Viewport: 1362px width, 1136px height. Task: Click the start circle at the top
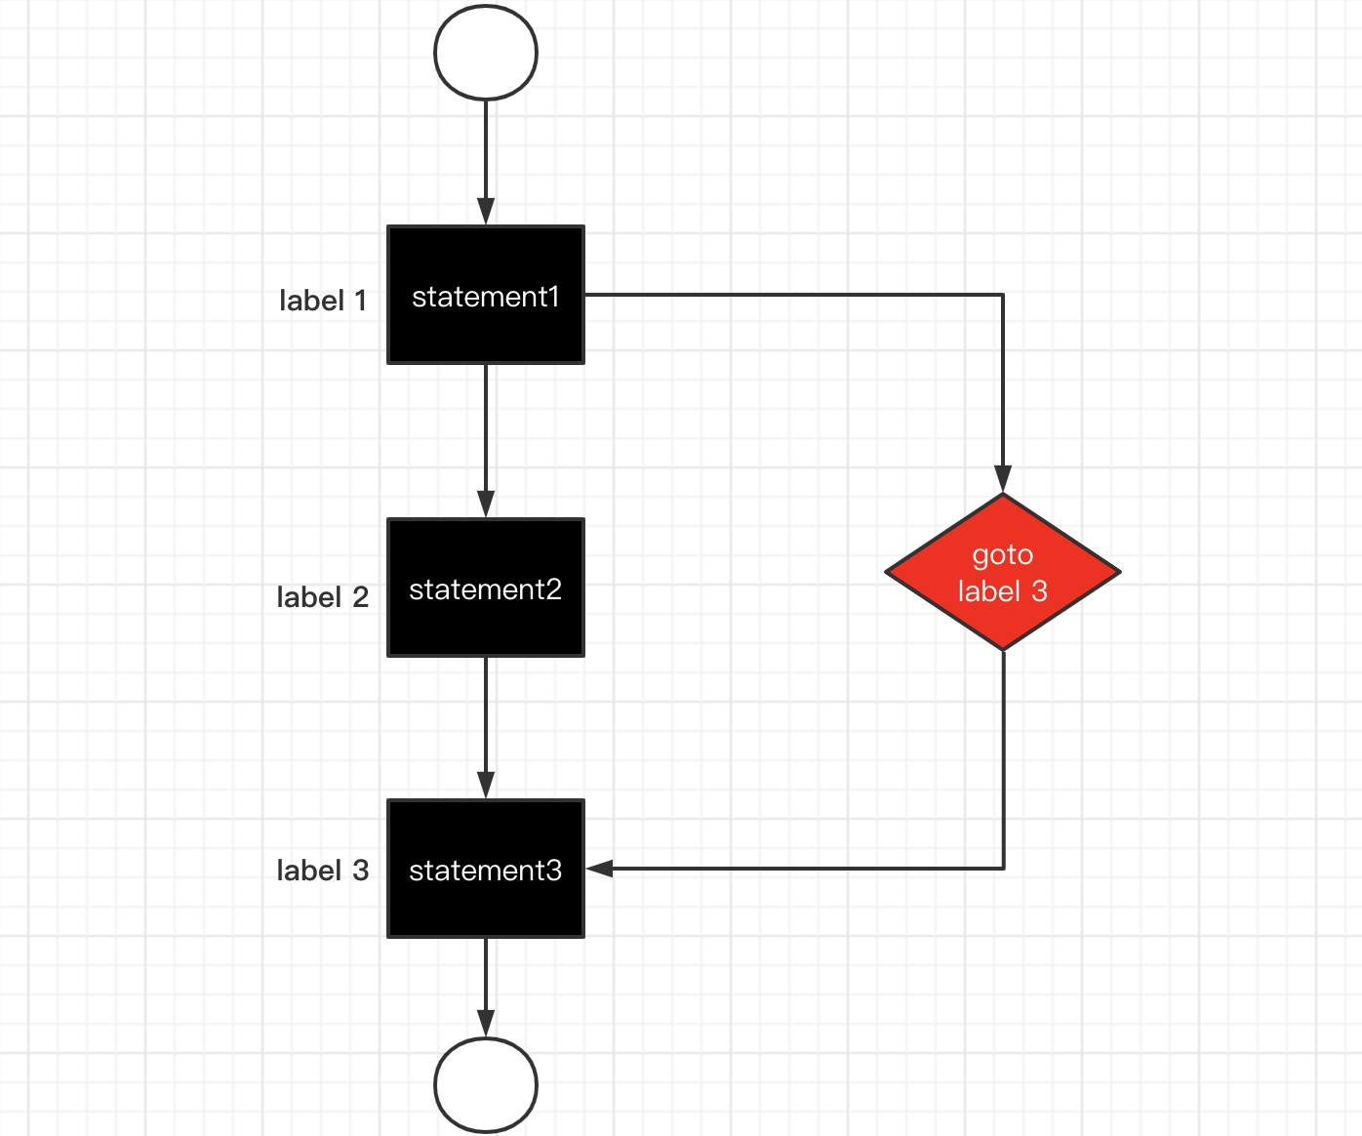pos(486,53)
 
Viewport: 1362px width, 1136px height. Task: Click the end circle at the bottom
pos(486,1085)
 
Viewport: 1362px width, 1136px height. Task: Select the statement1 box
pos(486,295)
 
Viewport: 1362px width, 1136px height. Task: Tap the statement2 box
pos(486,588)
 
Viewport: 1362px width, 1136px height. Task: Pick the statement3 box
pos(486,869)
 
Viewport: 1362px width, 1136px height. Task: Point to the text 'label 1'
pos(323,301)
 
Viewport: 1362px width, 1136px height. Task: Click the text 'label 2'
pos(322,597)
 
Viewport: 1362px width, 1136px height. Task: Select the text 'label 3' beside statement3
pos(322,871)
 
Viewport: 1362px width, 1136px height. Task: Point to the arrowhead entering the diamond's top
pos(1003,479)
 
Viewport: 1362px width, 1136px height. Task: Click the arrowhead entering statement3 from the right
pos(599,869)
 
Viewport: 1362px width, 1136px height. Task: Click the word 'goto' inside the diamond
pos(1003,555)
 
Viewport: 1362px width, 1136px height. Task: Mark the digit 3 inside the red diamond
pos(1040,591)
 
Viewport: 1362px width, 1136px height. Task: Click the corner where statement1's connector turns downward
pos(1003,295)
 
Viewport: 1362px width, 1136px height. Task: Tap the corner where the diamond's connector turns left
pos(1003,869)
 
